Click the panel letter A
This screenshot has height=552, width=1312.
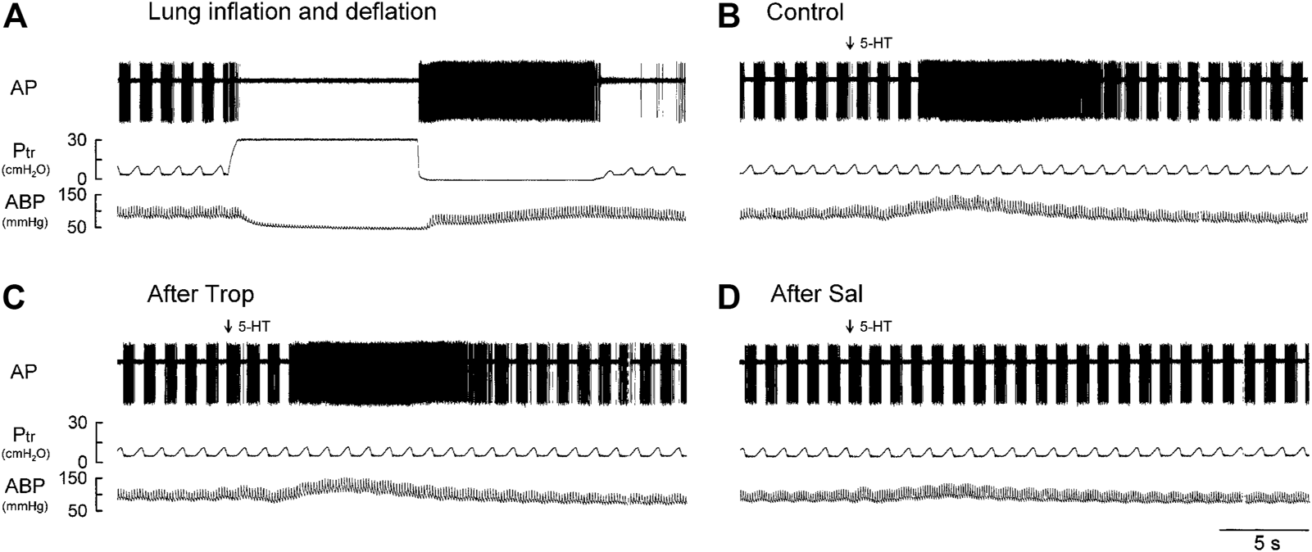tap(16, 15)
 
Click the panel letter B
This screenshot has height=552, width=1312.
tap(729, 15)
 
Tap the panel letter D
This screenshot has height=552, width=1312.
tap(729, 297)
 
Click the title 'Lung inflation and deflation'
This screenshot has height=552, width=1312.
tap(292, 12)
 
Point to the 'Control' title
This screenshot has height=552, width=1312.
tap(805, 12)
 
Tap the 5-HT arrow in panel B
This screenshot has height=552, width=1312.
tap(849, 43)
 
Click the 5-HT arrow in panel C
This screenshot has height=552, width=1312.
tap(229, 326)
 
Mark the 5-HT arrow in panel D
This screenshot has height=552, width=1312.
tap(849, 326)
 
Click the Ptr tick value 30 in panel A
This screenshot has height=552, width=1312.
tap(77, 141)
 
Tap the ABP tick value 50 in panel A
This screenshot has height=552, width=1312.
tap(79, 227)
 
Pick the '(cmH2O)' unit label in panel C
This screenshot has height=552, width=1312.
tap(25, 453)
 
